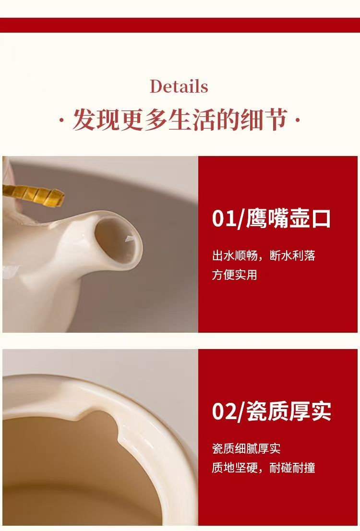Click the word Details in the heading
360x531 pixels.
click(x=179, y=86)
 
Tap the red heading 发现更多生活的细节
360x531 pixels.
click(x=180, y=120)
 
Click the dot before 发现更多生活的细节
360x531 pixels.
click(x=61, y=120)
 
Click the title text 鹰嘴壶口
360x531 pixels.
click(x=288, y=219)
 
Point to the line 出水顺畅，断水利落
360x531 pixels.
click(x=264, y=255)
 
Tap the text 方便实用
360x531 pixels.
click(x=234, y=274)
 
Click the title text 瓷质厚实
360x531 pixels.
click(x=288, y=411)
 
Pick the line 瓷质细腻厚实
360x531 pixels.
click(x=246, y=449)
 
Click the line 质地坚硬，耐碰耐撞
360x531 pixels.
click(x=264, y=468)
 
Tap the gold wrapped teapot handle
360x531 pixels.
click(x=34, y=195)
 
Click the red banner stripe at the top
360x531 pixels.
click(x=180, y=25)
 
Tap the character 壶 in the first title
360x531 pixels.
click(x=299, y=219)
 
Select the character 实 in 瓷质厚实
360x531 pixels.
click(x=321, y=411)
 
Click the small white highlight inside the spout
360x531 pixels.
click(x=130, y=239)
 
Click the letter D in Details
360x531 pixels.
click(x=156, y=86)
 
